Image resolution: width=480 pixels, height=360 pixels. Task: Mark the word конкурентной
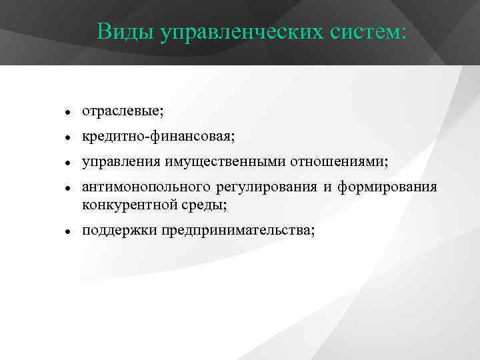coord(123,204)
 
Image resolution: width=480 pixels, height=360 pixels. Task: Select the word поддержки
coord(114,231)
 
